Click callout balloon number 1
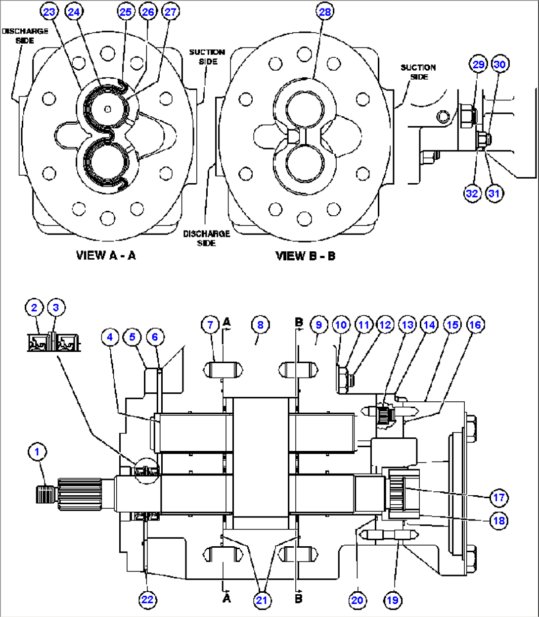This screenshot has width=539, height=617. [38, 451]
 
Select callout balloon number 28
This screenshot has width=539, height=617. [325, 11]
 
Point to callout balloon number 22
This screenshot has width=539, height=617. [147, 600]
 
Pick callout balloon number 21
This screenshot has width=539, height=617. [261, 600]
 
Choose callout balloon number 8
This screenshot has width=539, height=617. [261, 325]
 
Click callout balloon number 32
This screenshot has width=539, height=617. [472, 193]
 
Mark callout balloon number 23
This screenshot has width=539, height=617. [49, 11]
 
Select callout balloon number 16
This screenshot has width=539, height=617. [475, 325]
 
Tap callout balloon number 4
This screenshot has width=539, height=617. [110, 337]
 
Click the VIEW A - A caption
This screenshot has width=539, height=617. [105, 255]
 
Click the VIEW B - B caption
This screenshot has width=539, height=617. [305, 256]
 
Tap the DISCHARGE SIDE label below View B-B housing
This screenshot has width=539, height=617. [207, 238]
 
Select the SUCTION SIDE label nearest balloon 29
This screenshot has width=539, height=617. [418, 72]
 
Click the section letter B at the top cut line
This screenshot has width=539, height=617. [299, 323]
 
